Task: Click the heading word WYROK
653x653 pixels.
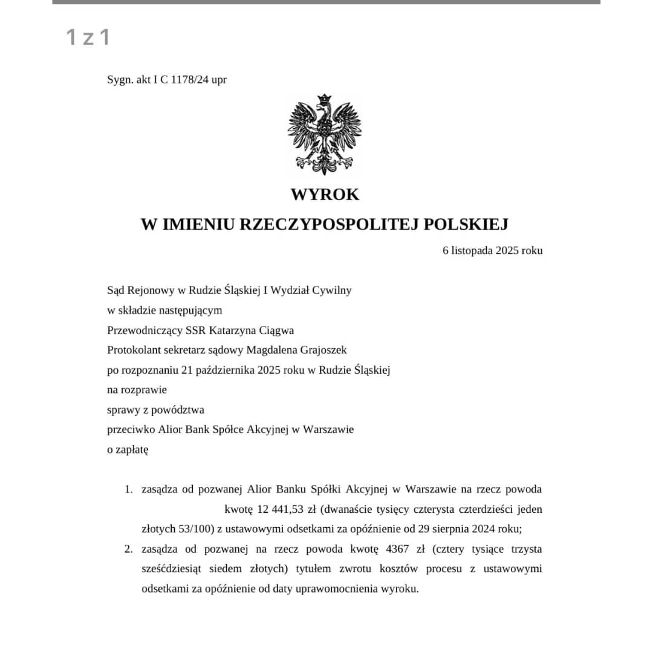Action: coord(325,195)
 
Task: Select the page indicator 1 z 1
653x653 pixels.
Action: coord(88,37)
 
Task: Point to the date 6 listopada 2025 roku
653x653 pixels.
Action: coord(492,250)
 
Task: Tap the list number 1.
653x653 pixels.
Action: coord(128,489)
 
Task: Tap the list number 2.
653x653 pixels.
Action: coord(128,549)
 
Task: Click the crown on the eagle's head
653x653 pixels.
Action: coord(325,99)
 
